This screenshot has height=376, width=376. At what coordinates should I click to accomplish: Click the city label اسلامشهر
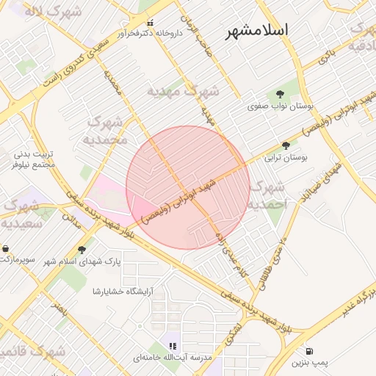click(x=257, y=31)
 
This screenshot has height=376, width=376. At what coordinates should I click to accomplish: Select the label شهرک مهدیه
click(x=184, y=92)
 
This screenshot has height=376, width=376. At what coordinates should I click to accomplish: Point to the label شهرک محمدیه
click(x=107, y=131)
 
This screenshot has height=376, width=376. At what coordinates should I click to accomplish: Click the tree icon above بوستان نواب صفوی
click(x=280, y=93)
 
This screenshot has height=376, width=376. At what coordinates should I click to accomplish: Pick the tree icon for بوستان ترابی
click(x=286, y=145)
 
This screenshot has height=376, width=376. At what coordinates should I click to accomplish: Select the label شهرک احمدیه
click(x=267, y=195)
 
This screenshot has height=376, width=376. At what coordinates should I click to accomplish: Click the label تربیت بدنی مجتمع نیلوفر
click(x=34, y=160)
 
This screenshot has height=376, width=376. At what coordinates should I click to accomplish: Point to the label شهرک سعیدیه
click(x=21, y=213)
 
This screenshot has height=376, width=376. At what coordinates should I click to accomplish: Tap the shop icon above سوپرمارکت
click(x=6, y=248)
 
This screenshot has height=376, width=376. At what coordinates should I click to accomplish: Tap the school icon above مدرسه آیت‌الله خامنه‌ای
click(x=173, y=345)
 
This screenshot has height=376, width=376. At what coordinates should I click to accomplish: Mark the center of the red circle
click(x=188, y=187)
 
